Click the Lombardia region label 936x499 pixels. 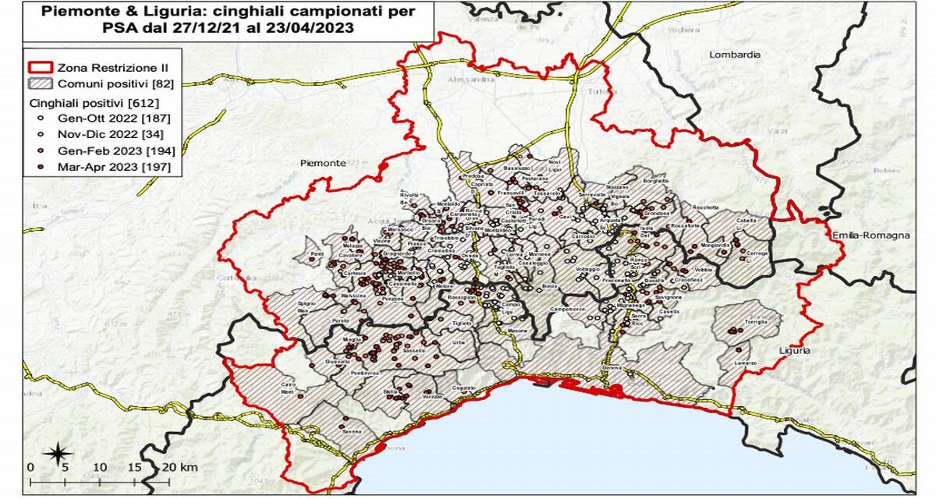(x=734, y=55)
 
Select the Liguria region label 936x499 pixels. (x=793, y=351)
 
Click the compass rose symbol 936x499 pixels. (x=58, y=453)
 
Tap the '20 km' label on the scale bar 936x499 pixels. (x=179, y=467)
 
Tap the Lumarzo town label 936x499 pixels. (x=746, y=364)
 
